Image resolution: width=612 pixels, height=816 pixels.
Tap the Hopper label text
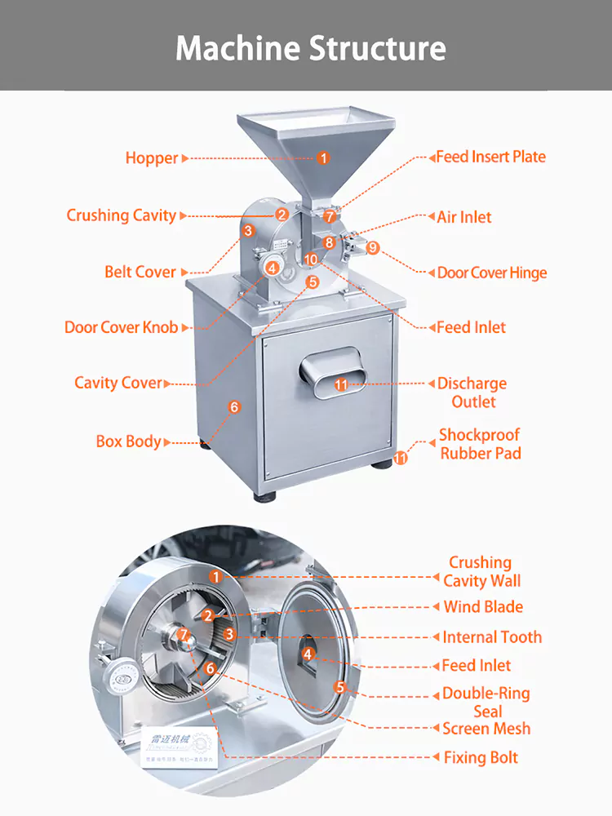point(151,158)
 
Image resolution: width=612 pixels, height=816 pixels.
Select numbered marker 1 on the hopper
point(323,158)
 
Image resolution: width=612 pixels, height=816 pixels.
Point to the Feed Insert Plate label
point(490,157)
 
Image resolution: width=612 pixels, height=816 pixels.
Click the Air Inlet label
point(463,217)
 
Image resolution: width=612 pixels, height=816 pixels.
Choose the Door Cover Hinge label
point(491,273)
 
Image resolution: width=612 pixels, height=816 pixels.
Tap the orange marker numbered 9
point(373,247)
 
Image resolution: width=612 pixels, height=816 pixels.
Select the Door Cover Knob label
point(121,327)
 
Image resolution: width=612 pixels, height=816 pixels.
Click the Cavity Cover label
point(118,383)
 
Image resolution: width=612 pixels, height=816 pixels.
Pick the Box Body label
point(128,441)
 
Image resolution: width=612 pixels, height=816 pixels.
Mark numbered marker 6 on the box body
point(234,406)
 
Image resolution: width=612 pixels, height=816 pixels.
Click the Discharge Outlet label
point(472,392)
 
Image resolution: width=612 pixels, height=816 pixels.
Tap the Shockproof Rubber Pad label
point(480,444)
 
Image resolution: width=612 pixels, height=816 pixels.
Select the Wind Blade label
point(483,607)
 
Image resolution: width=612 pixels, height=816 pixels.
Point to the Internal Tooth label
point(492,637)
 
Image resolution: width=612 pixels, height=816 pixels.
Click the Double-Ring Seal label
point(486,703)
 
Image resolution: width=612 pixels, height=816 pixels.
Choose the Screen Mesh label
point(486,729)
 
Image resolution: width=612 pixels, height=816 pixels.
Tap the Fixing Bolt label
point(481,757)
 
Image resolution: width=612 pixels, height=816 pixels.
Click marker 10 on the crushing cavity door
point(310,259)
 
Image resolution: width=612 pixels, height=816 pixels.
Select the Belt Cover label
point(140,272)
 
